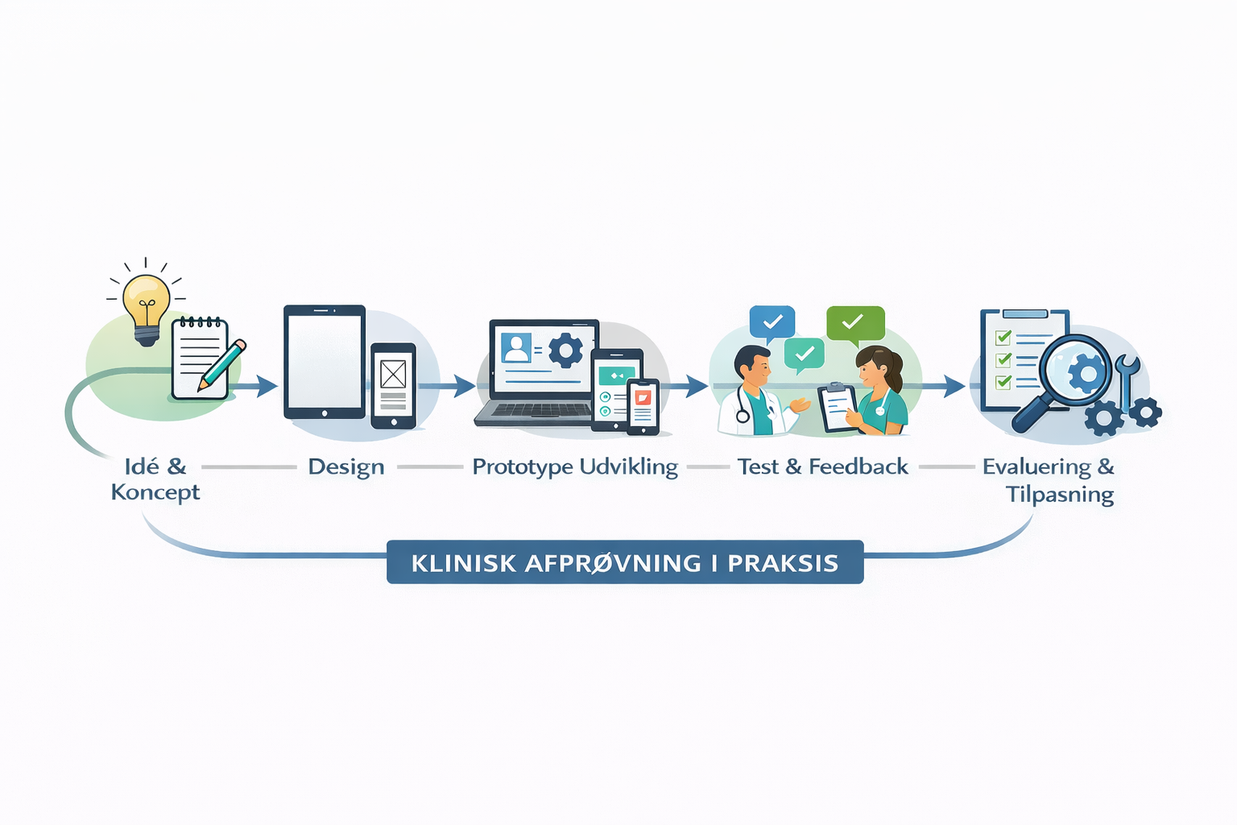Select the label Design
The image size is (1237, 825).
click(x=346, y=467)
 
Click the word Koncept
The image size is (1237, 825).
click(x=155, y=492)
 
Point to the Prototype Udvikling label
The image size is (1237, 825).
click(x=575, y=467)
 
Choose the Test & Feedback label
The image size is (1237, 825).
click(x=823, y=467)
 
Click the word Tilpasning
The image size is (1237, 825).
click(x=1059, y=494)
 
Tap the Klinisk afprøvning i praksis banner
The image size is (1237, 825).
click(x=625, y=562)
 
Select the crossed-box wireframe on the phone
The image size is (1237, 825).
click(x=393, y=374)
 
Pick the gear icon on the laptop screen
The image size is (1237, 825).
click(x=565, y=350)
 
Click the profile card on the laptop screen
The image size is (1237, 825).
click(x=516, y=347)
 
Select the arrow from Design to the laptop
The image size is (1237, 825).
click(x=446, y=386)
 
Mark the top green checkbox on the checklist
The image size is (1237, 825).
click(x=1003, y=337)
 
